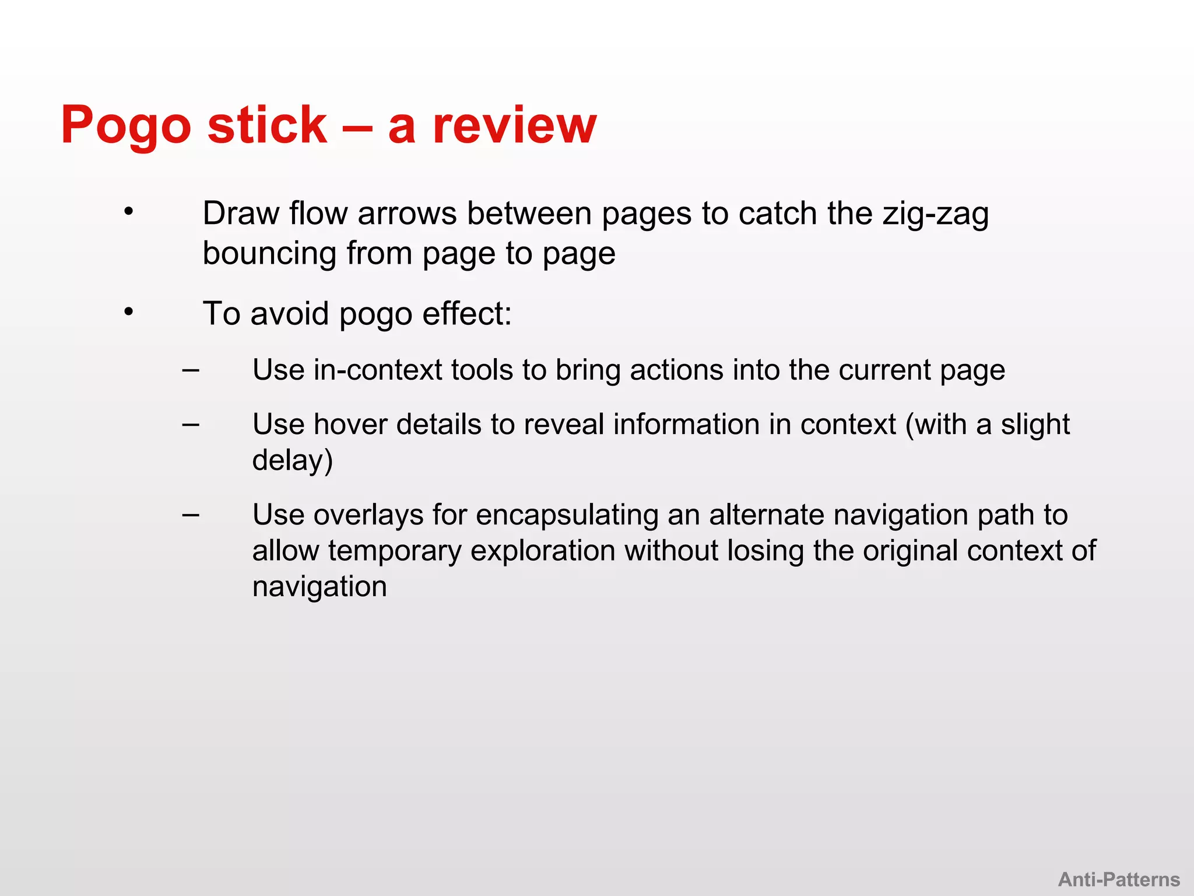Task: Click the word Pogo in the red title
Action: (x=126, y=125)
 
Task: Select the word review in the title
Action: (x=514, y=125)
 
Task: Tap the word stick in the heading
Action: (x=267, y=125)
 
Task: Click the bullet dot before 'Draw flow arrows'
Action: (x=129, y=212)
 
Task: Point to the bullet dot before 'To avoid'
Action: (x=129, y=312)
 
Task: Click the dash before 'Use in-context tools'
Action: (x=191, y=370)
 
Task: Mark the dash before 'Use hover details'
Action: (x=191, y=424)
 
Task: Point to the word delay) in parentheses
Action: (x=293, y=460)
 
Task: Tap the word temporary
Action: (x=394, y=551)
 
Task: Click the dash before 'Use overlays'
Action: (x=191, y=514)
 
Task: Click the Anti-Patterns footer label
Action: (x=1119, y=879)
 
